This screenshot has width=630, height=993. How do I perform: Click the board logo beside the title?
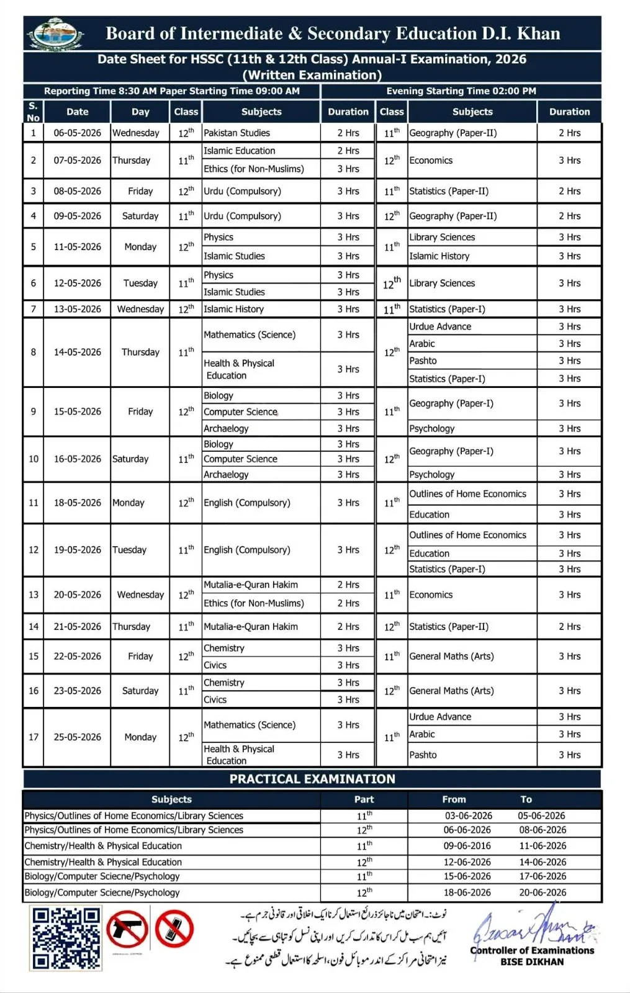(x=56, y=34)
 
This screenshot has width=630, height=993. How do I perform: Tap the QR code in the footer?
(x=66, y=938)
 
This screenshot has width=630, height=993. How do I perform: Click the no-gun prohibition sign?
(x=127, y=930)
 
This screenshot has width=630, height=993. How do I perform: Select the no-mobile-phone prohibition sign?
(x=174, y=930)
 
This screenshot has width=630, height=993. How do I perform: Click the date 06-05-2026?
(x=77, y=133)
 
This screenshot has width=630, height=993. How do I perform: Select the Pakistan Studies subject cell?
(x=237, y=133)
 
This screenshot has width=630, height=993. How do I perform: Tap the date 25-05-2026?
(x=77, y=737)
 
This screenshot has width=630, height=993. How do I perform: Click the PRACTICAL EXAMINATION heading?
(x=312, y=779)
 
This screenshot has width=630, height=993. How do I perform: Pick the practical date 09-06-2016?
(x=467, y=845)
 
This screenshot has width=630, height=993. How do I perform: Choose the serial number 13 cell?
(x=34, y=595)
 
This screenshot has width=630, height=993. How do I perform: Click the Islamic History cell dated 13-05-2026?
(x=234, y=309)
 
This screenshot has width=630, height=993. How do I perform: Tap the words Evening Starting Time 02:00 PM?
(x=461, y=91)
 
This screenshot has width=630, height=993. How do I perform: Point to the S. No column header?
(x=34, y=112)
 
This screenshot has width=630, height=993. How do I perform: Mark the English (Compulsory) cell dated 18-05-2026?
(x=247, y=503)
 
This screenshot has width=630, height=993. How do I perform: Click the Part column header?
(x=364, y=799)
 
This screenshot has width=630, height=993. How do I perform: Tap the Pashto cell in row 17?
(x=423, y=755)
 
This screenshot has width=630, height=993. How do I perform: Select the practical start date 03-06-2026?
(x=468, y=816)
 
